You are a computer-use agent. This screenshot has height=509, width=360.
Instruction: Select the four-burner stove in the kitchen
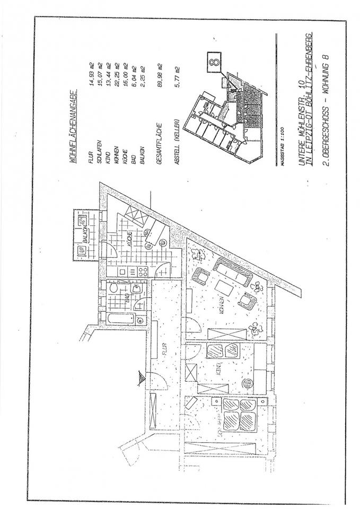click(142, 272)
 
